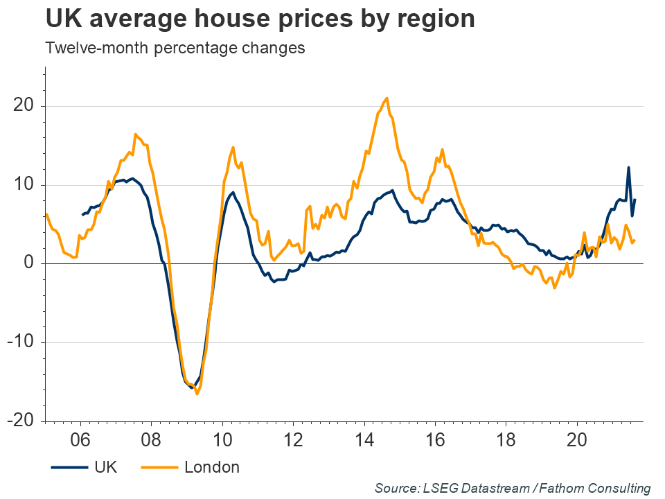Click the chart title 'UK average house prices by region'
coord(260,19)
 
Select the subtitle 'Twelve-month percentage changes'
coord(175,49)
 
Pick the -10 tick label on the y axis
coord(20,342)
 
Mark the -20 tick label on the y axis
coord(20,421)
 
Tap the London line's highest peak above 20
coord(387,98)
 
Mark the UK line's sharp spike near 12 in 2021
coord(628,167)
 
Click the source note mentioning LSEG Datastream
coord(513,488)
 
